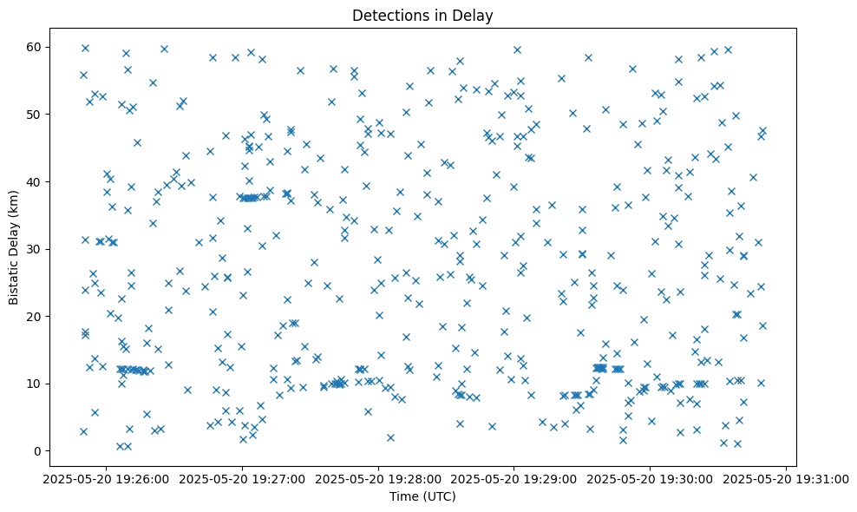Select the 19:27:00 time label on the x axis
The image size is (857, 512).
[x=242, y=478]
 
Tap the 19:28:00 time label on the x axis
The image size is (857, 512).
[x=378, y=478]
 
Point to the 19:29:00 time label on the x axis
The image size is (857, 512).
[x=514, y=478]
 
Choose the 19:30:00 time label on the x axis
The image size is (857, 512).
[x=651, y=478]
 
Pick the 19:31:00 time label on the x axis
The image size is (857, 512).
[x=786, y=478]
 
